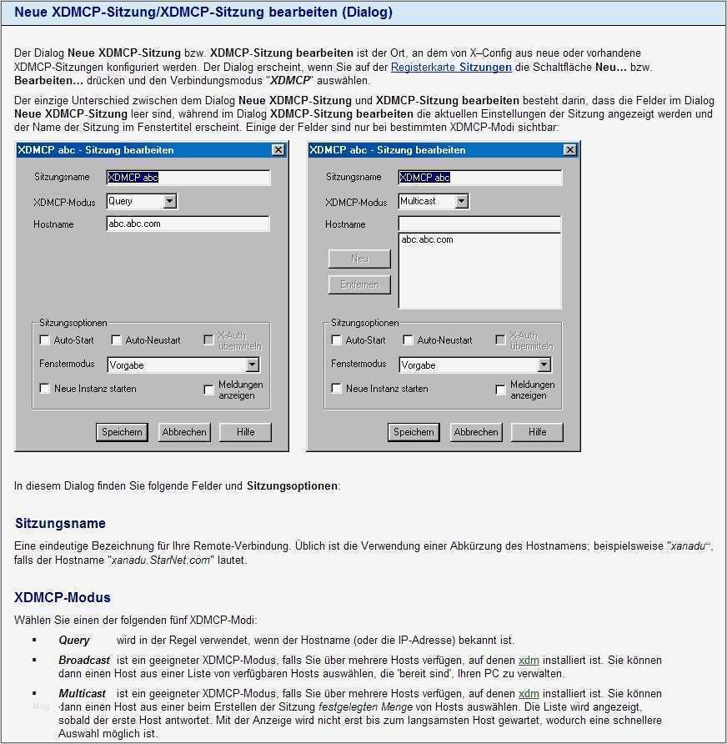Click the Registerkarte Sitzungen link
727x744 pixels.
click(451, 67)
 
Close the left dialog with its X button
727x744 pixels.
click(278, 150)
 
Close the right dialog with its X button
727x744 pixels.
click(569, 150)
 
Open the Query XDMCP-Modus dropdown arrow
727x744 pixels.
click(169, 201)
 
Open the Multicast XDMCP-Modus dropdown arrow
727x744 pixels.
click(461, 201)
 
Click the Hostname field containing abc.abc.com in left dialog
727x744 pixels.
click(188, 224)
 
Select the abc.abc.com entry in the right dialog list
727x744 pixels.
click(427, 240)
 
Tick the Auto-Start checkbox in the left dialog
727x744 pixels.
click(45, 340)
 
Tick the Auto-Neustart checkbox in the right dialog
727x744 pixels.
click(409, 340)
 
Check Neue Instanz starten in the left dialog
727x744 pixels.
click(45, 389)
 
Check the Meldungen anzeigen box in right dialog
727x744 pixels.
click(500, 390)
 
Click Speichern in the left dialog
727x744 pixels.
click(122, 432)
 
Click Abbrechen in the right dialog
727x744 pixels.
click(476, 432)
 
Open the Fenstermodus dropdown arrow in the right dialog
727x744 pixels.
click(544, 365)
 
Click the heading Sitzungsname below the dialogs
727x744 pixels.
click(61, 524)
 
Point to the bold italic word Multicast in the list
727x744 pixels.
click(82, 694)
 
